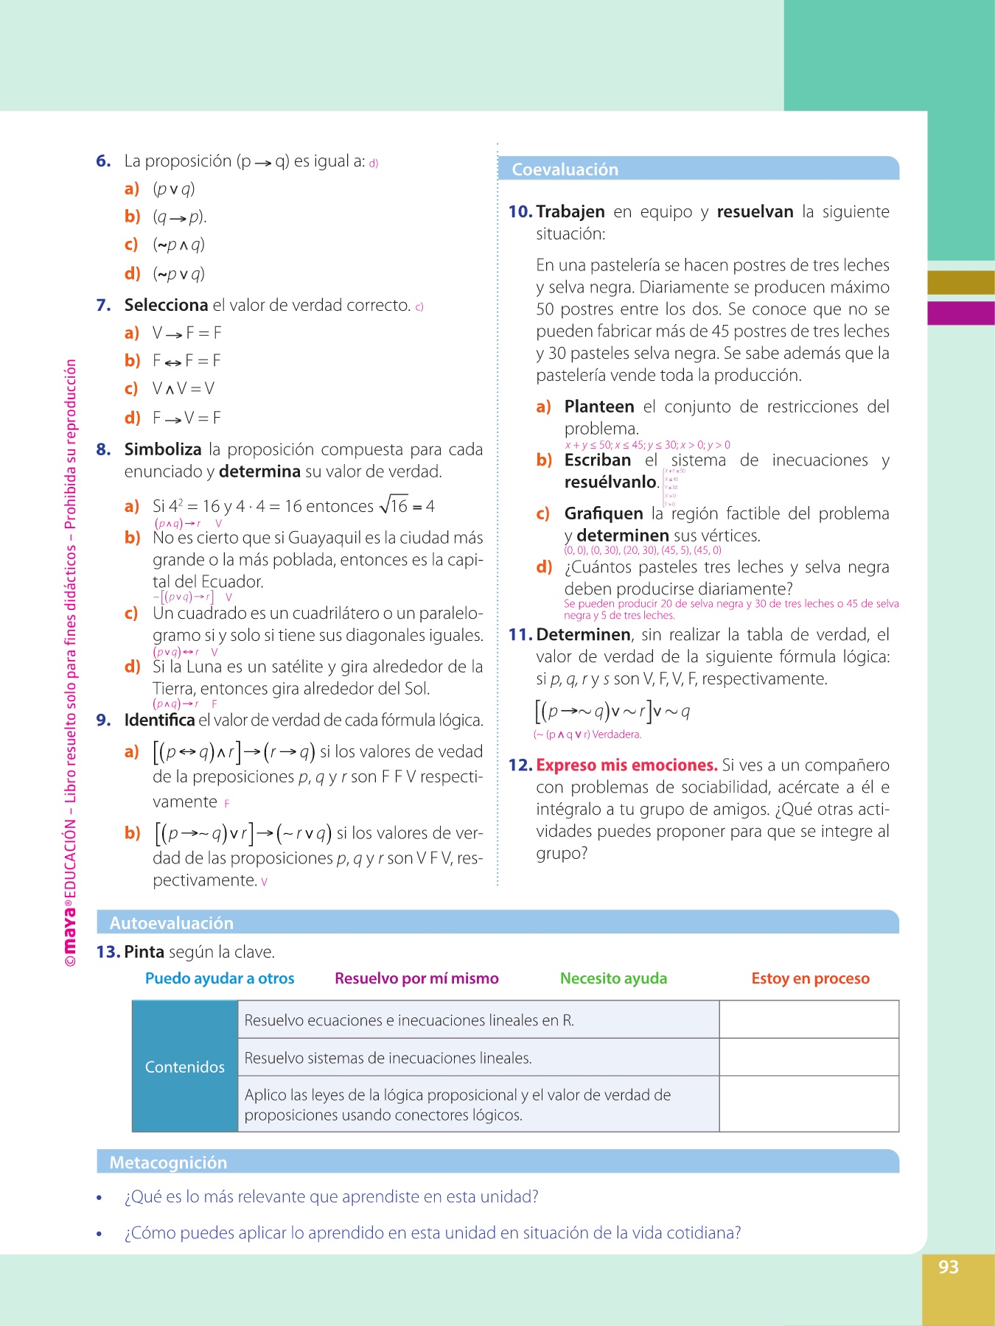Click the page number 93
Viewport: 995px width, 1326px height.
pos(948,1267)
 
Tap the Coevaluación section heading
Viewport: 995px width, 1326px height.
pos(565,169)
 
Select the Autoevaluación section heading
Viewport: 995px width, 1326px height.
pos(171,923)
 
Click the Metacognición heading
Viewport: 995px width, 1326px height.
pos(168,1162)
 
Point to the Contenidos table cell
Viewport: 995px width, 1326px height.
pos(185,1067)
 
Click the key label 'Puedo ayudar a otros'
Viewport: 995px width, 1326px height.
pos(220,978)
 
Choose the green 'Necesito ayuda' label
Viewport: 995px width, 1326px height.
pos(613,978)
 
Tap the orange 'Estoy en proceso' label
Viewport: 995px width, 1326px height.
pos(810,978)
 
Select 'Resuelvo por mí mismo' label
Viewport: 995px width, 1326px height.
pos(416,978)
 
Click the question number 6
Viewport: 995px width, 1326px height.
pos(103,161)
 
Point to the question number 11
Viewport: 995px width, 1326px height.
pos(520,635)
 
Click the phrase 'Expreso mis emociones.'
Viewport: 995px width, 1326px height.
pos(626,765)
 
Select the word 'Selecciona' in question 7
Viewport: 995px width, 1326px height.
pos(166,305)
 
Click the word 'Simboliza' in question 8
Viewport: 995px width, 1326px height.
pos(163,449)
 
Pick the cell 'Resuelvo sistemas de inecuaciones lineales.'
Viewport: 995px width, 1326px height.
pos(388,1058)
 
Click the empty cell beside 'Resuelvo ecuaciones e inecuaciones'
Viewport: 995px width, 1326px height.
pos(809,1020)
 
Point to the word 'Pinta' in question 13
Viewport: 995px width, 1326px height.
pos(144,952)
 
